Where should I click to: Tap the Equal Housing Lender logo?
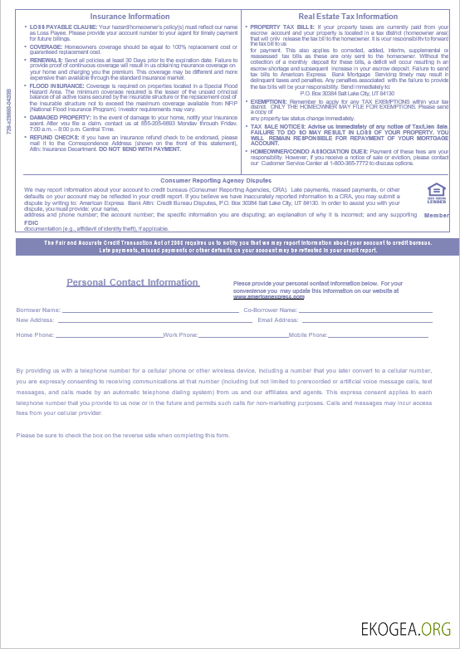437,194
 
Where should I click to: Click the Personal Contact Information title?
133,282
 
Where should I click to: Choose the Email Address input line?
366,320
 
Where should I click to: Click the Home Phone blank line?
109,335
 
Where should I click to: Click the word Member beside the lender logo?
437,215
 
